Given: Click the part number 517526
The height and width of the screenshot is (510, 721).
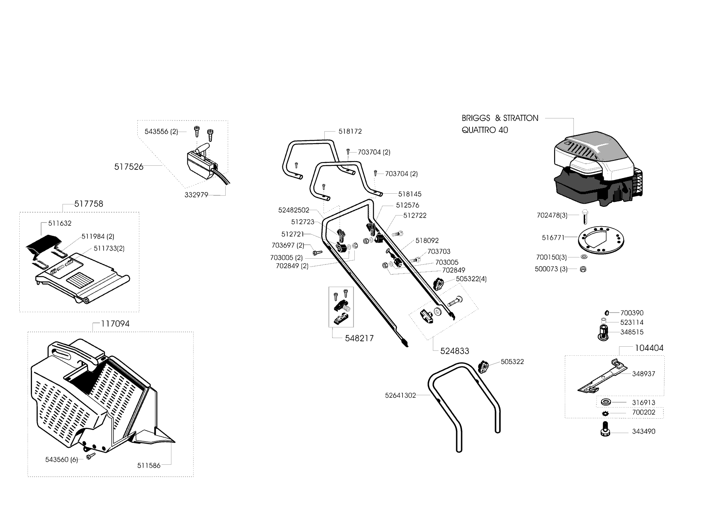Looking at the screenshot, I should click(129, 167).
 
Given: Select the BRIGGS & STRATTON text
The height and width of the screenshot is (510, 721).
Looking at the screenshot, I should click(499, 118).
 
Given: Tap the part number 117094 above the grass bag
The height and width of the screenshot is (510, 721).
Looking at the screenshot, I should click(115, 324).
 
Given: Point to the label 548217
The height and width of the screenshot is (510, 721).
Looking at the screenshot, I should click(359, 338).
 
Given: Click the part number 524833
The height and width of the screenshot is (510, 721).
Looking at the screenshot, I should click(455, 351).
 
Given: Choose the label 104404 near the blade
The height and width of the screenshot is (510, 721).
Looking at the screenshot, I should click(649, 348).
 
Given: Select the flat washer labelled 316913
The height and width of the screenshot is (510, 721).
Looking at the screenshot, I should click(605, 402).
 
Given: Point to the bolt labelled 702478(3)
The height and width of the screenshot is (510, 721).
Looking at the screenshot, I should click(585, 216).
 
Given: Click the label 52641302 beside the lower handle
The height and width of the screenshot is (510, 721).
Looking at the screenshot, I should click(400, 395).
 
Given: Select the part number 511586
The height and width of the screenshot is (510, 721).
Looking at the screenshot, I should click(148, 465).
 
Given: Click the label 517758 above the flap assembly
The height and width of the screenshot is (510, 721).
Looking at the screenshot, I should click(89, 204).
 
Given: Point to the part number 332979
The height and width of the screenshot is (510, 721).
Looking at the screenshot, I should click(196, 195).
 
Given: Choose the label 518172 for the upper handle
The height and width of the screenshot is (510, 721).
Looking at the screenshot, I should click(350, 132).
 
